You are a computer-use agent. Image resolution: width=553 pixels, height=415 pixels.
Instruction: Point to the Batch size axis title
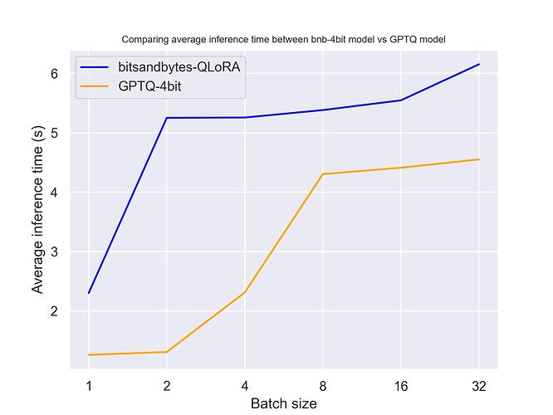click(x=283, y=403)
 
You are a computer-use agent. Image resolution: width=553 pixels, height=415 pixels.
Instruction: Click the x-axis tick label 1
click(x=89, y=385)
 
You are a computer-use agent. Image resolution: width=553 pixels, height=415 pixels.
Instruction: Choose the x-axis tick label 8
click(x=322, y=385)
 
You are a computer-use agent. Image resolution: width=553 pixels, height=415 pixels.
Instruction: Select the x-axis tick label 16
click(x=400, y=385)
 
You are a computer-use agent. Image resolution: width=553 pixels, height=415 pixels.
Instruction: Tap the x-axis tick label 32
click(x=478, y=385)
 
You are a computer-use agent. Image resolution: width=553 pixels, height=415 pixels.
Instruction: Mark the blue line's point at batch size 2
click(x=167, y=118)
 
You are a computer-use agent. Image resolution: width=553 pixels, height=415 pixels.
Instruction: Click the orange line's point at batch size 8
click(x=322, y=174)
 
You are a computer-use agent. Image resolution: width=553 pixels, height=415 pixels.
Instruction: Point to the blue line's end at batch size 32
click(x=478, y=64)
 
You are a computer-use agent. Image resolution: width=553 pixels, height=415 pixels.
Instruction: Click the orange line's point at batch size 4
click(x=244, y=292)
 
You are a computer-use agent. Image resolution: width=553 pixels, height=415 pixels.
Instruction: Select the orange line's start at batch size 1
click(x=89, y=354)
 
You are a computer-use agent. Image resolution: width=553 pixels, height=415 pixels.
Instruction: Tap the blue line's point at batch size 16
click(x=400, y=100)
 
